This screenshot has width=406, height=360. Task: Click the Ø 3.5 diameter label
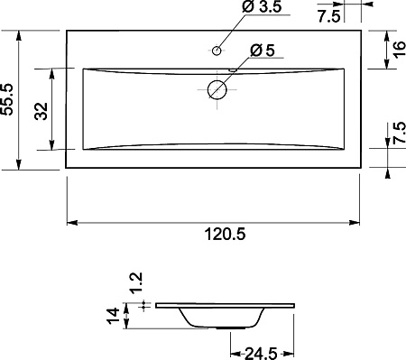click(x=262, y=7)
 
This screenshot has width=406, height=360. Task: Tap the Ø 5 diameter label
click(x=263, y=51)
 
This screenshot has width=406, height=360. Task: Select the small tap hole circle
click(x=217, y=51)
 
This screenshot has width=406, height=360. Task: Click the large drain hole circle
click(x=217, y=90)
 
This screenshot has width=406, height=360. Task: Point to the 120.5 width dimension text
click(x=225, y=234)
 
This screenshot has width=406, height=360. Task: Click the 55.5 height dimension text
click(x=7, y=99)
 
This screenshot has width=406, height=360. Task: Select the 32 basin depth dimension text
click(x=42, y=111)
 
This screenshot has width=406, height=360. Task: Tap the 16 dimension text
click(x=399, y=50)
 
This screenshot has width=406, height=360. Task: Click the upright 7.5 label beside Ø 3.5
click(x=329, y=16)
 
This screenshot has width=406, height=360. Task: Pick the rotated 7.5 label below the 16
click(x=400, y=133)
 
